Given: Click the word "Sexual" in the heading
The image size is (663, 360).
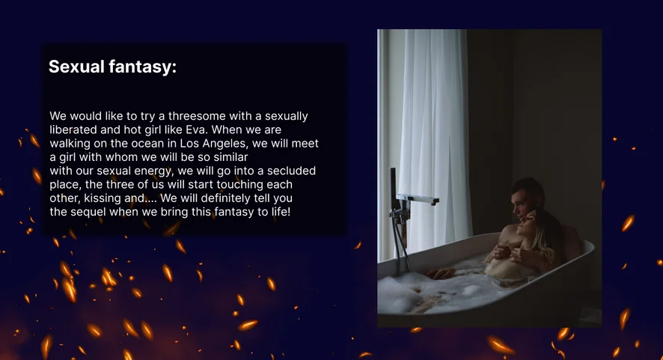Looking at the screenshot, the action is click(x=76, y=67).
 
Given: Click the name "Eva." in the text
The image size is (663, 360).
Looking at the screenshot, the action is click(x=196, y=129).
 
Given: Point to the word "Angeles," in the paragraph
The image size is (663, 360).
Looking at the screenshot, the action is click(x=225, y=144).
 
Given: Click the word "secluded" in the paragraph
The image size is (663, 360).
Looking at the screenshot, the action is click(x=291, y=171).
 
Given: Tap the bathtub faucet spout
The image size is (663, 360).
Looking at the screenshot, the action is click(x=418, y=200).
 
